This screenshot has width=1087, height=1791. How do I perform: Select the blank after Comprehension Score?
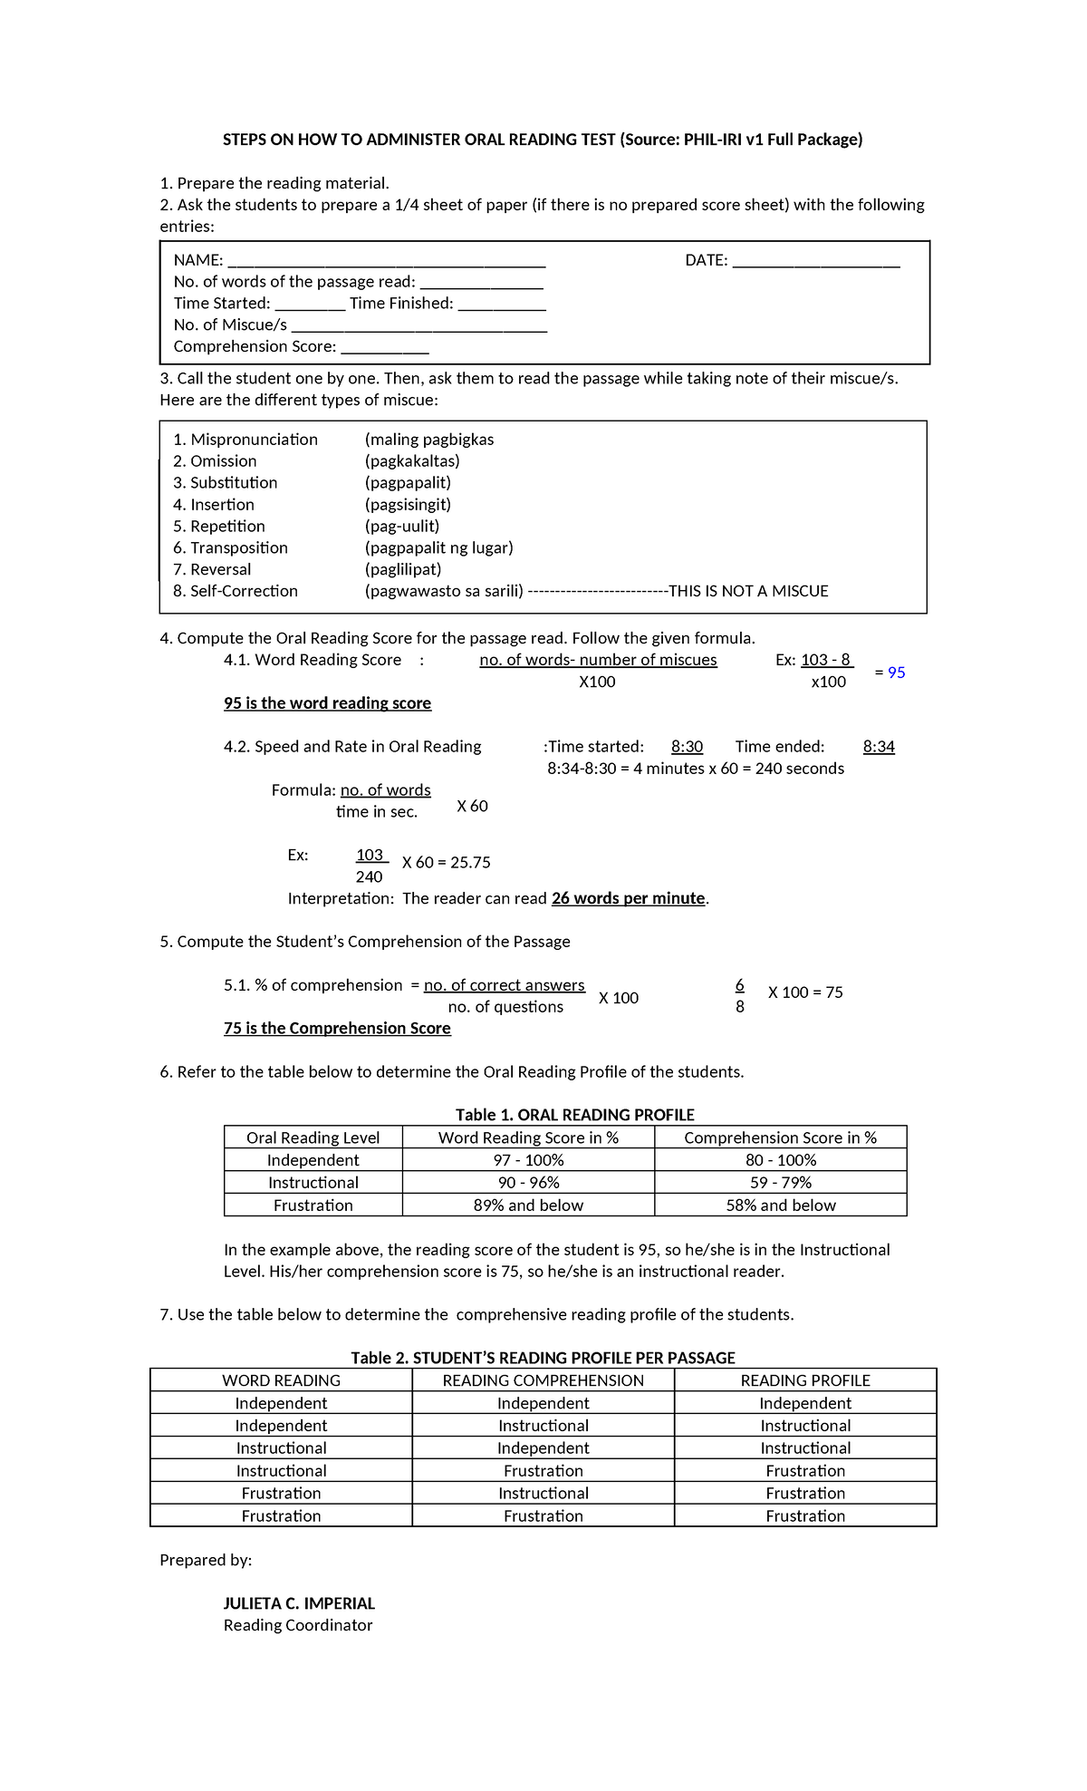coord(384,349)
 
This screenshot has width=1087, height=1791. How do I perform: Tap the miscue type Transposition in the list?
coord(238,547)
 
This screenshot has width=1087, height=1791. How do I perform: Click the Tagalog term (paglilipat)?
coord(403,569)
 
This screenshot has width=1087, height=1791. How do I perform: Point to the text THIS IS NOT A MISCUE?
coord(748,591)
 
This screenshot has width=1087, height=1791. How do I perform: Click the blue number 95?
coord(896,673)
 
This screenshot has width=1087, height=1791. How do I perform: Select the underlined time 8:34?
coord(879,747)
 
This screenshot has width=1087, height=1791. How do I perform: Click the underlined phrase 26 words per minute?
coord(628,898)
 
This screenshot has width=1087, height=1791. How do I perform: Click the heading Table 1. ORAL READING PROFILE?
coord(574,1115)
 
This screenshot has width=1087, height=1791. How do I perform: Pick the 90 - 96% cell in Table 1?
coord(528,1183)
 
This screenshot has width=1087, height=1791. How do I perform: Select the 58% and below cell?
coord(780,1205)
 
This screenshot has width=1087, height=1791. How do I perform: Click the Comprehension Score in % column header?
coord(780,1138)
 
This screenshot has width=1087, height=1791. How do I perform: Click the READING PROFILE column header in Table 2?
coord(804,1380)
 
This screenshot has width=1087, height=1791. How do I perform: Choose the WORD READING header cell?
coord(281,1380)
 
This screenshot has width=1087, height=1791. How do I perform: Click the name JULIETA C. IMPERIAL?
coord(299,1603)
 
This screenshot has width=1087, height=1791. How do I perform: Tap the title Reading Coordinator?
coord(298,1625)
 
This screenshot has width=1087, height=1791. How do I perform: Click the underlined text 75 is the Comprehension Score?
coord(337,1029)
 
